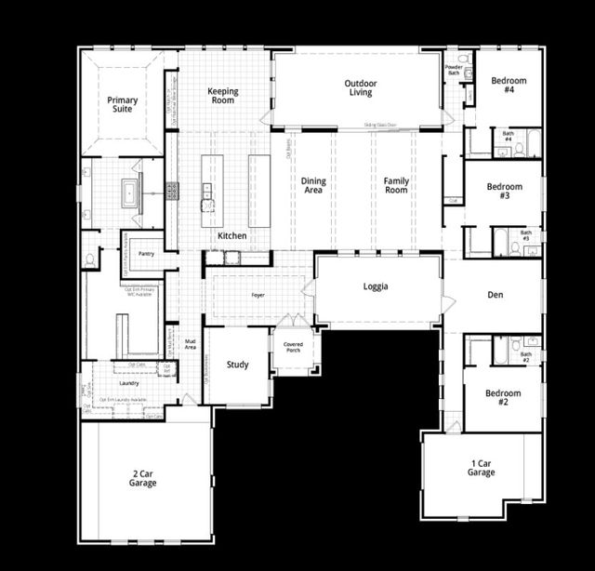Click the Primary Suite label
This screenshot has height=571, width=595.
tap(122, 104)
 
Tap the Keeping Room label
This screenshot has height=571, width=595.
tap(223, 97)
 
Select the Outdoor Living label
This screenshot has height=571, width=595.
tap(360, 87)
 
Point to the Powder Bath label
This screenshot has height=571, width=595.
tap(454, 70)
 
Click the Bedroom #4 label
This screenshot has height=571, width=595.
tap(509, 86)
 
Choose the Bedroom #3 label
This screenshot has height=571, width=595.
tap(505, 192)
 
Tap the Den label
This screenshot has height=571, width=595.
tap(496, 295)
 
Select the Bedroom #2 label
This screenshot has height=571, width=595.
tap(503, 397)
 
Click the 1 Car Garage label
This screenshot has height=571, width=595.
tap(481, 467)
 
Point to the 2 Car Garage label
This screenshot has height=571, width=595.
tap(143, 478)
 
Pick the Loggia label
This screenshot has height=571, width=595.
tap(376, 286)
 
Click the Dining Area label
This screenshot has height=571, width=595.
tap(314, 185)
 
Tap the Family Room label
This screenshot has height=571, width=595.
tap(397, 185)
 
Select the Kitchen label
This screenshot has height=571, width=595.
tap(232, 236)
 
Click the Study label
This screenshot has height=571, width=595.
tap(238, 365)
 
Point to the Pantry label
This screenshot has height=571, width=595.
tap(146, 253)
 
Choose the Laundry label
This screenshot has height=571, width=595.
tap(129, 383)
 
